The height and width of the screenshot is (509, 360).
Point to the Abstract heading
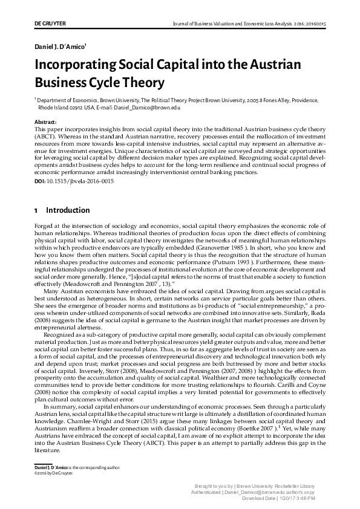point(47,122)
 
